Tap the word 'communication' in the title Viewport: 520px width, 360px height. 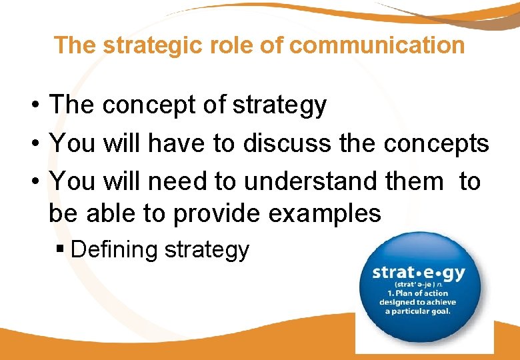[377, 45]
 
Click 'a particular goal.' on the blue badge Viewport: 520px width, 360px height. [418, 311]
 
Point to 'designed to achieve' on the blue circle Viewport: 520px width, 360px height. [418, 302]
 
